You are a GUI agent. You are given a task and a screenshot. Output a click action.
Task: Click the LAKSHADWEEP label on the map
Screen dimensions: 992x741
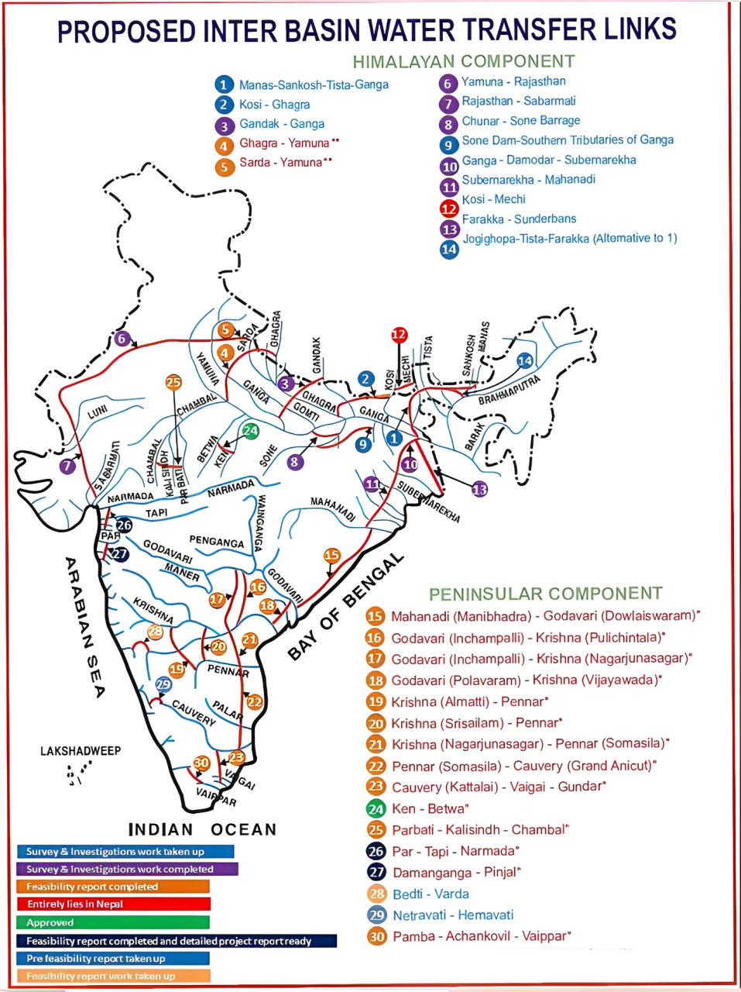click(x=81, y=751)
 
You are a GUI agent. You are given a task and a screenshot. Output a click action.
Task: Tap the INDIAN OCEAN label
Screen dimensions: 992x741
click(x=202, y=829)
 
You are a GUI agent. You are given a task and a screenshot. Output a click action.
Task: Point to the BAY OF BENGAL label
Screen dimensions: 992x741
click(x=345, y=606)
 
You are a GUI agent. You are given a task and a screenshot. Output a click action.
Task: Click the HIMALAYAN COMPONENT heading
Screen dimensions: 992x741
click(x=464, y=61)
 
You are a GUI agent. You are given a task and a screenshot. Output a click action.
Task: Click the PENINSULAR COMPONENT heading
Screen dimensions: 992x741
click(x=546, y=594)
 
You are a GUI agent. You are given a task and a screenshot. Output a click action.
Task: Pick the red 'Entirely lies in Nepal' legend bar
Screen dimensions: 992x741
click(x=113, y=904)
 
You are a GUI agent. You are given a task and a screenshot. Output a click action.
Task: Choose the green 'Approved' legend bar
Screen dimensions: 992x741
click(x=113, y=923)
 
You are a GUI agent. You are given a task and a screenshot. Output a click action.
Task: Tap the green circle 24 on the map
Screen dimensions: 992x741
click(x=250, y=431)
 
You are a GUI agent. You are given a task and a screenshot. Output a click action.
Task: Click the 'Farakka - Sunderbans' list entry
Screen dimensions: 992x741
click(x=519, y=219)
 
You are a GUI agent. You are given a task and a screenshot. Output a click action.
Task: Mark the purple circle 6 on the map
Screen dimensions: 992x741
click(x=121, y=338)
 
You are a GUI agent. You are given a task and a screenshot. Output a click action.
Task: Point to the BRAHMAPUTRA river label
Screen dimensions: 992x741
click(x=509, y=390)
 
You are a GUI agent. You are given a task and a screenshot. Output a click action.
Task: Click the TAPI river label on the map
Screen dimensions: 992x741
click(x=156, y=513)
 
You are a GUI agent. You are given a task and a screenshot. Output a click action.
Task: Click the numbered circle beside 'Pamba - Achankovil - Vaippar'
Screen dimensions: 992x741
click(x=376, y=936)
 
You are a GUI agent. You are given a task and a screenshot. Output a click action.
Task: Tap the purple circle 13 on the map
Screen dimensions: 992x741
click(x=480, y=489)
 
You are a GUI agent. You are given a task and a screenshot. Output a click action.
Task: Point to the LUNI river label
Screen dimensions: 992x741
click(x=98, y=412)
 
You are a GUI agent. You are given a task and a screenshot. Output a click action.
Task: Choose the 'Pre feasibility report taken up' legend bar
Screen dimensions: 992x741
click(x=113, y=959)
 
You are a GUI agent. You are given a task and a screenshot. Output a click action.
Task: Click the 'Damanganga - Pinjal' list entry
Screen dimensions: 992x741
click(x=455, y=873)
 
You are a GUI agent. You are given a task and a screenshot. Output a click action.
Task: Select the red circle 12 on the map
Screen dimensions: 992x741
click(x=399, y=335)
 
